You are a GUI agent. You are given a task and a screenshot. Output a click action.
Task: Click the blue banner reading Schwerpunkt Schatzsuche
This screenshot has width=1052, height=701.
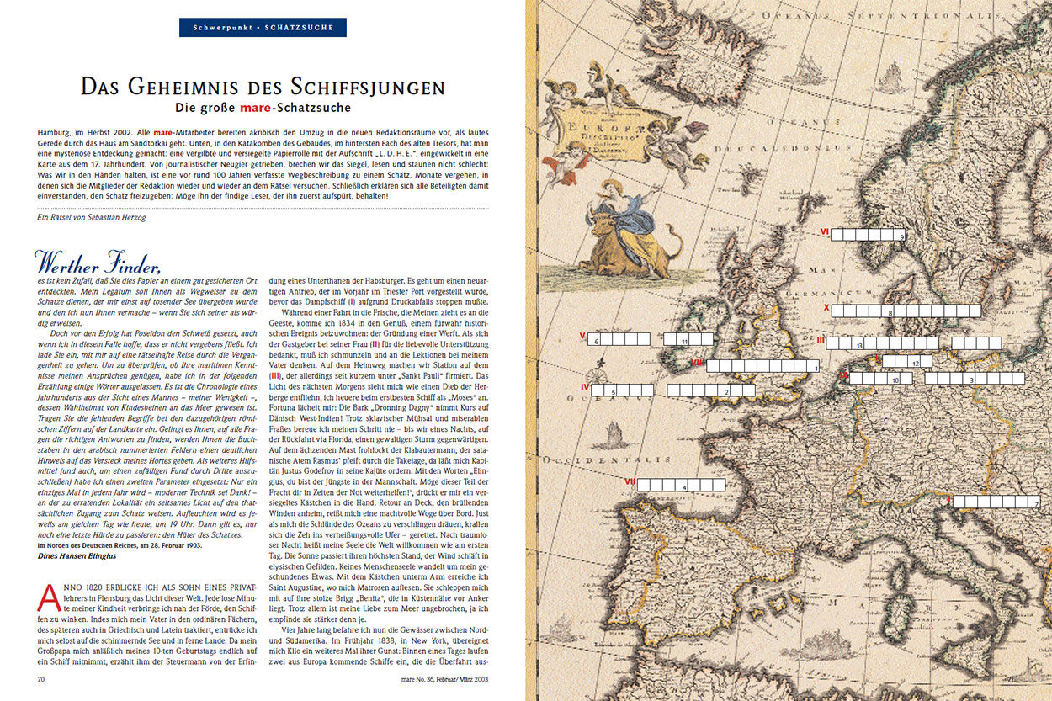(x=263, y=28)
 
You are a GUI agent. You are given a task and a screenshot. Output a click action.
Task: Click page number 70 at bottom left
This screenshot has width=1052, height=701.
(x=40, y=677)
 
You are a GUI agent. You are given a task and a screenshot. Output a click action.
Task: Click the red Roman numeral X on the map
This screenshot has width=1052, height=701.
(x=826, y=308)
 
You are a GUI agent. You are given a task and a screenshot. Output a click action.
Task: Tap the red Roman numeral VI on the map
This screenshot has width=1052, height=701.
(x=825, y=231)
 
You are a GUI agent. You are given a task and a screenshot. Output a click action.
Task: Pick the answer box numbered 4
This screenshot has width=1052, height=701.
(x=684, y=485)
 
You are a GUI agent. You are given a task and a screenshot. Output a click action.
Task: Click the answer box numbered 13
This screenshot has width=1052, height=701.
(x=858, y=343)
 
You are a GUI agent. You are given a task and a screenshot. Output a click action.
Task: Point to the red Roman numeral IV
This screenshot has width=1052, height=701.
(x=584, y=386)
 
